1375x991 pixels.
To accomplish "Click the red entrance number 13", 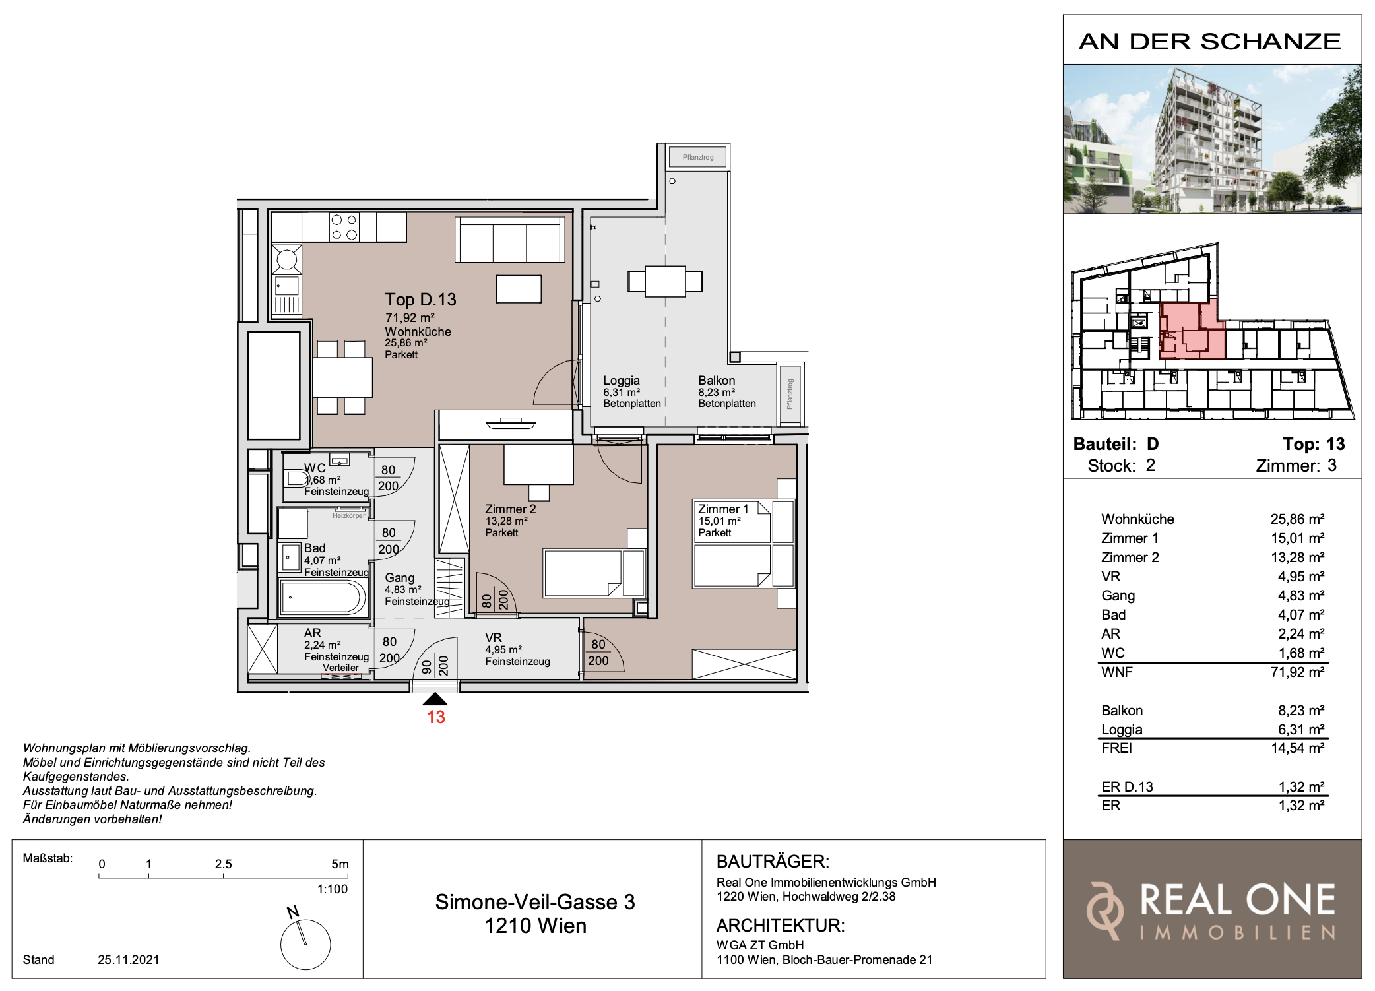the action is click(x=435, y=717).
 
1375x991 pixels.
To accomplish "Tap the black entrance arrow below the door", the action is click(x=435, y=699).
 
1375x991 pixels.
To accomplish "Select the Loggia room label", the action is click(x=622, y=381).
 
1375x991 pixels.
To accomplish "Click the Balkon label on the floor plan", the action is click(x=717, y=381).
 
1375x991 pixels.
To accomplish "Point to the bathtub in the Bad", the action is click(x=322, y=598).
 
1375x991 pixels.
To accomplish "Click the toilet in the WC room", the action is click(x=298, y=478).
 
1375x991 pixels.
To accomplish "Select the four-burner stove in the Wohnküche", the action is click(x=344, y=227).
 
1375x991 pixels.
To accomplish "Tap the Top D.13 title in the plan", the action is click(x=421, y=300).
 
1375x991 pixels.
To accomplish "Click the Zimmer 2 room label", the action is click(x=511, y=509).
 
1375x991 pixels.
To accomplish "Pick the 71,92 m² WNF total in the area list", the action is click(x=1297, y=672).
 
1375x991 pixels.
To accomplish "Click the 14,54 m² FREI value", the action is click(x=1297, y=748).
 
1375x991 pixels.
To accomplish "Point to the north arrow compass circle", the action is click(x=305, y=944).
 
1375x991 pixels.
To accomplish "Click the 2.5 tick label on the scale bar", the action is click(x=223, y=864).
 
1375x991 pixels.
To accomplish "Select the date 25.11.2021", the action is click(x=129, y=960).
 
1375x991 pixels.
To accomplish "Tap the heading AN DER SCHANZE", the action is click(x=1210, y=42).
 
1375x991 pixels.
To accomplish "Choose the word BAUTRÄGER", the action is click(x=773, y=862).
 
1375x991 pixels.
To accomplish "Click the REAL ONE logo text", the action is click(x=1238, y=900).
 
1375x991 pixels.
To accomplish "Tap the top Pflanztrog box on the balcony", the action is click(x=698, y=157).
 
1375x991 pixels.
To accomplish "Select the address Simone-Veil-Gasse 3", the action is click(x=535, y=902).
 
